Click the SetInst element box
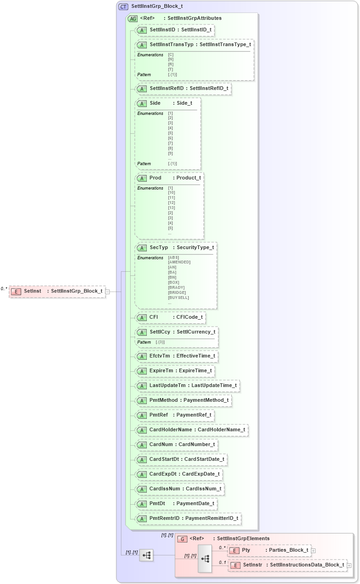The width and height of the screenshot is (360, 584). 57,291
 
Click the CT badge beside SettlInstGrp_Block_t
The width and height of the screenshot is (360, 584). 123,6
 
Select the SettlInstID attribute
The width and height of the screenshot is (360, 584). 175,30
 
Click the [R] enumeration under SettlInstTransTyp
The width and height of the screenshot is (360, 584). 171,64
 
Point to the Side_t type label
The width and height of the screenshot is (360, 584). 184,103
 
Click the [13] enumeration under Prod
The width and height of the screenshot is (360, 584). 171,208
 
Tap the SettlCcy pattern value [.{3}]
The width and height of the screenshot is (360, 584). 160,342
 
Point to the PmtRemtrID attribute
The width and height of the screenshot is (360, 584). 188,518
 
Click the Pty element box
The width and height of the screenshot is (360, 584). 269,550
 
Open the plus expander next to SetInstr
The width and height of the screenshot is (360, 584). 349,565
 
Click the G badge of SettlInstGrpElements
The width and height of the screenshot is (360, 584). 182,538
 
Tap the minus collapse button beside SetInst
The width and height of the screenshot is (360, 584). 107,292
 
